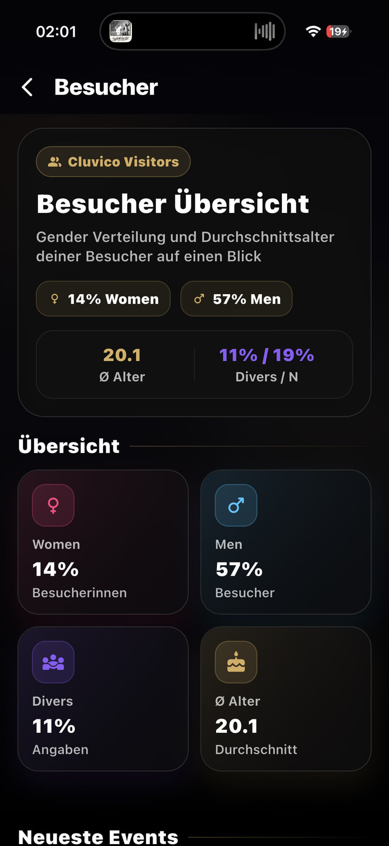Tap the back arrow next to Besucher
(x=27, y=87)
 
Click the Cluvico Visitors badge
(x=113, y=162)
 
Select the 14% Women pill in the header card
(x=103, y=299)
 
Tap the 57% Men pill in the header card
(x=236, y=299)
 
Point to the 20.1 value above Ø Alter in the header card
(x=122, y=355)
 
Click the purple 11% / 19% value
(x=266, y=355)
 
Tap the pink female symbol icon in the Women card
(x=53, y=505)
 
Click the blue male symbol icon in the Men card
(x=236, y=505)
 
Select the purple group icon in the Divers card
(x=53, y=662)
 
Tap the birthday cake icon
(x=236, y=662)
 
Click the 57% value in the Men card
(x=239, y=570)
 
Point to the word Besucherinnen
(x=79, y=593)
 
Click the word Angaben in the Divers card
(x=60, y=750)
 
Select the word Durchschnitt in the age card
(x=256, y=749)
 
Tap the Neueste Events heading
(x=98, y=837)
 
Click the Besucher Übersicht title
(x=173, y=204)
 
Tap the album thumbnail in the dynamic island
(x=121, y=31)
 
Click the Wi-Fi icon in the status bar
(x=313, y=31)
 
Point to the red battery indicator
(x=338, y=31)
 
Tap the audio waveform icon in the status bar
(x=265, y=31)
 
